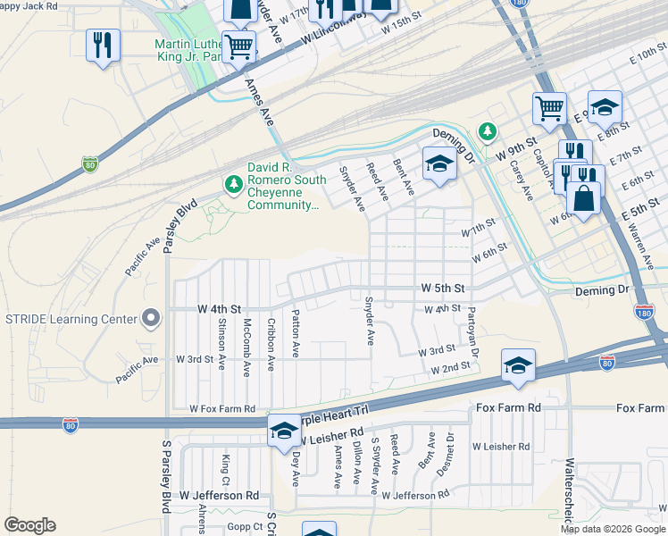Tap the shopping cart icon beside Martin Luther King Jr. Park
click(238, 46)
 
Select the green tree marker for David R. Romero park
click(233, 184)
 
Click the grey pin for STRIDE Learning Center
click(151, 318)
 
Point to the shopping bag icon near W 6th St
click(584, 198)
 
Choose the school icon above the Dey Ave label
click(284, 431)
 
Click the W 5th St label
click(444, 289)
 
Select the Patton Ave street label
click(296, 332)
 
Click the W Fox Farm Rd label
click(221, 408)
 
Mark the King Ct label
click(225, 465)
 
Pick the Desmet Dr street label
click(450, 451)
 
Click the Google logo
click(29, 525)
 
